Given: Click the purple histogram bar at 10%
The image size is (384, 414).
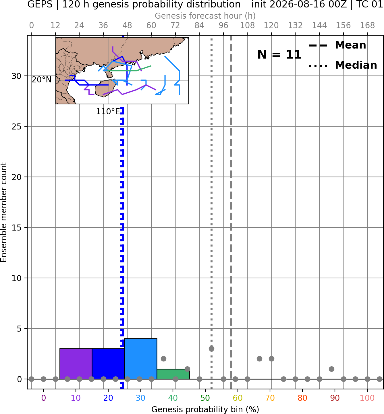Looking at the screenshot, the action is (76, 363).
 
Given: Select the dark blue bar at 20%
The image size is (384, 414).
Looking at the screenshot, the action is (108, 363).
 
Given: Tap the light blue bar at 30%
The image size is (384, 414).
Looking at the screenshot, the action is (140, 359).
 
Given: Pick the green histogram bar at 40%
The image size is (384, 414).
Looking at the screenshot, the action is (173, 374).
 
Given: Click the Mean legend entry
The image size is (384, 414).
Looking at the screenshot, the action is (337, 45).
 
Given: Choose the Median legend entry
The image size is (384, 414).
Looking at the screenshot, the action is (343, 65).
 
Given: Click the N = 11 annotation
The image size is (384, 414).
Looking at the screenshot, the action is (279, 55).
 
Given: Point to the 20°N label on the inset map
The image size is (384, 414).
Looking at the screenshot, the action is (42, 80).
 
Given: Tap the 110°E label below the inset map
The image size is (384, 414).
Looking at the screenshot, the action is (108, 111).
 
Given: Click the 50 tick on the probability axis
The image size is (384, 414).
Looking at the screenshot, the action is (205, 398).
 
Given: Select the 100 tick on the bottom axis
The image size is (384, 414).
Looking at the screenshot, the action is (367, 398).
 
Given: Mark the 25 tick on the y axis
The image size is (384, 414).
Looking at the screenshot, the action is (17, 127).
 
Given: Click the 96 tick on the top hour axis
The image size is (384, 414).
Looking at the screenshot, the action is (223, 26).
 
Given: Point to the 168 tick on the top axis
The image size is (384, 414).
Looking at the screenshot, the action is (367, 26).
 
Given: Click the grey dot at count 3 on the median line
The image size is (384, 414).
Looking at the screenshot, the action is (211, 349).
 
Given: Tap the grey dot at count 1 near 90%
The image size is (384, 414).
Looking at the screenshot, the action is (331, 369).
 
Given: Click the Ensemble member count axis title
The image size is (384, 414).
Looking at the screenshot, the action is (4, 212).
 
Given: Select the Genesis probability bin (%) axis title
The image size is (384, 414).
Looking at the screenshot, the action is (205, 409).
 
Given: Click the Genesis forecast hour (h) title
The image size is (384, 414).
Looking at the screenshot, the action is (205, 16).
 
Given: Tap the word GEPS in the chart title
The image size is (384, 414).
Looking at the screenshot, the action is (40, 4).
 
